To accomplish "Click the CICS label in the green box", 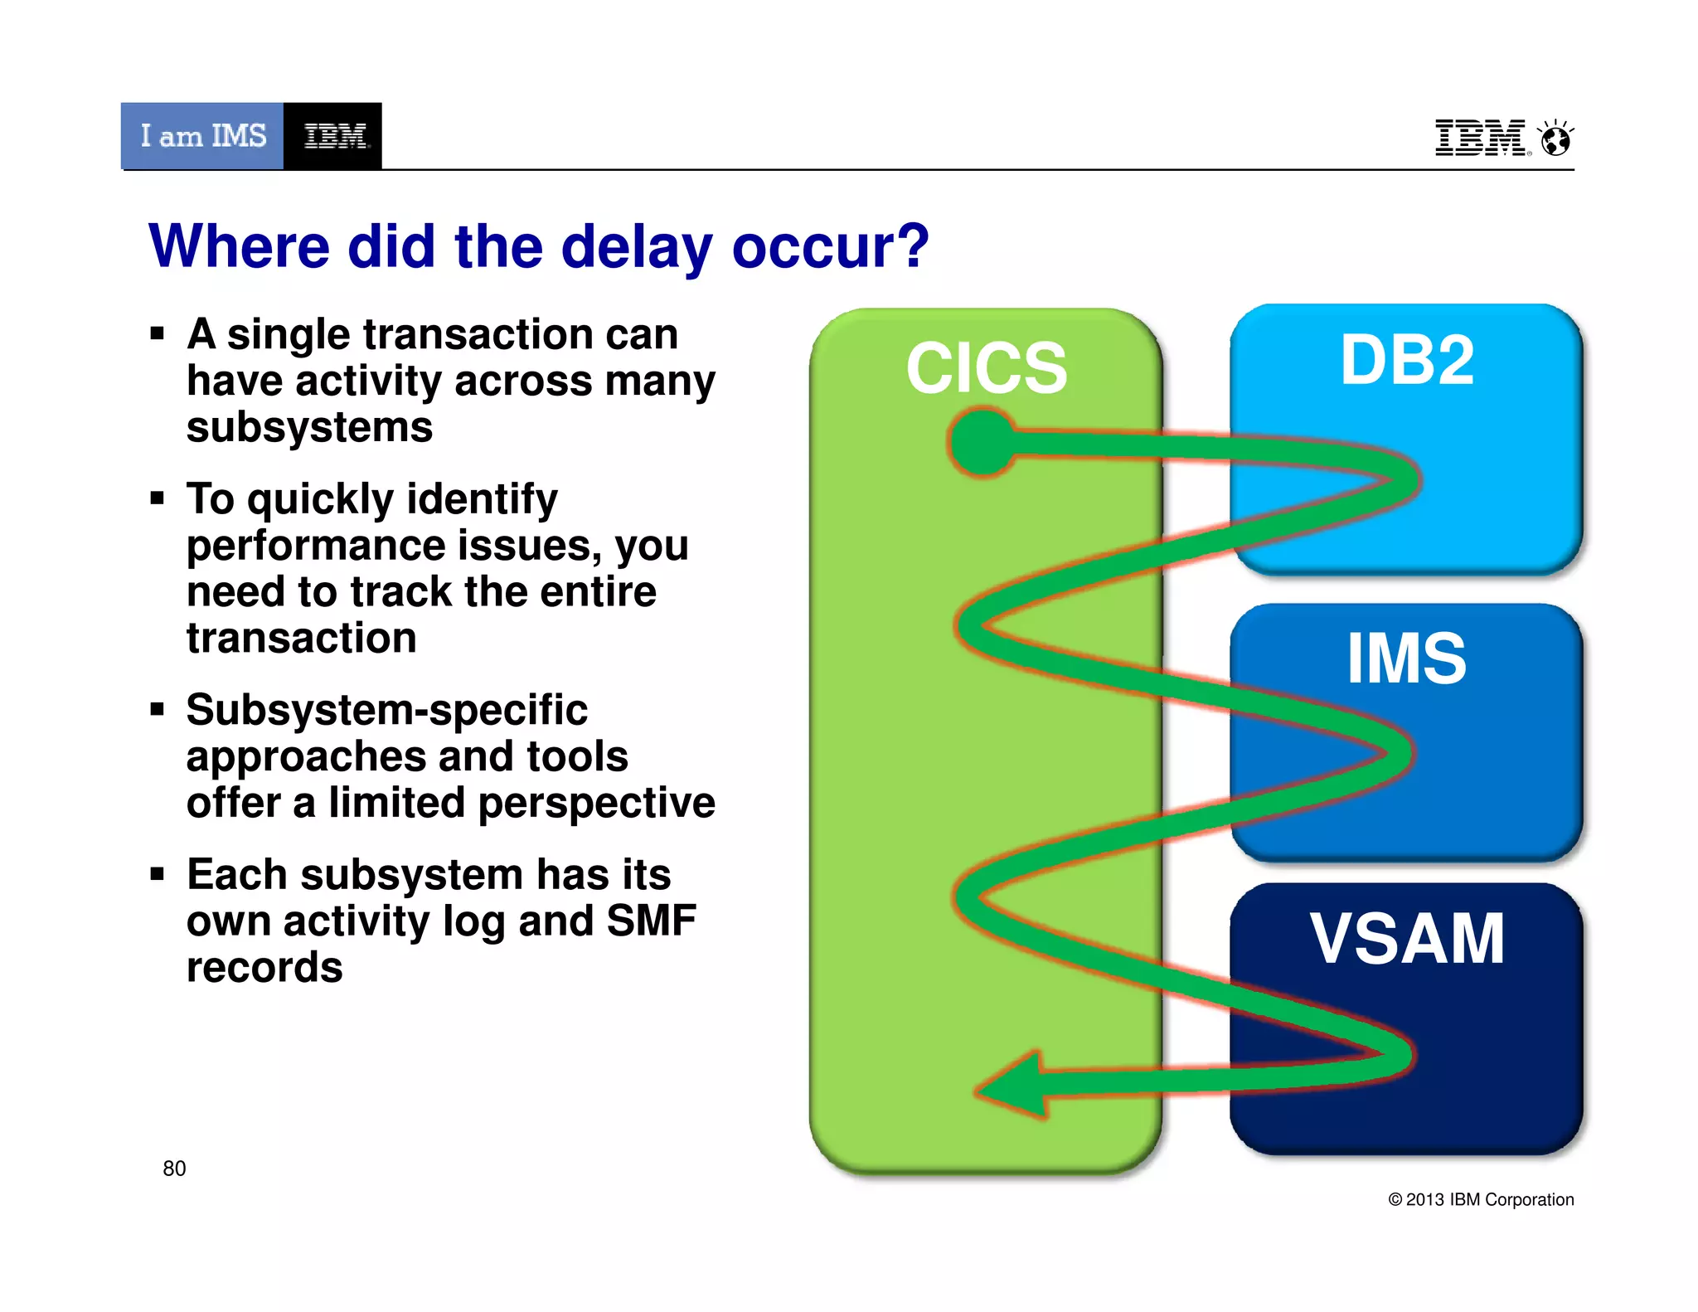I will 986,367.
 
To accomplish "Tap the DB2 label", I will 1407,360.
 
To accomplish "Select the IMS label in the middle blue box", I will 1406,658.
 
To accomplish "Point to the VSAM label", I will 1407,939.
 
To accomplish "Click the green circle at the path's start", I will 982,441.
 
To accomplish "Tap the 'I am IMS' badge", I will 203,136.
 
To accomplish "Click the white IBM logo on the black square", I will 334,136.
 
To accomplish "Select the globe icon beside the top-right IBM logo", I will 1555,138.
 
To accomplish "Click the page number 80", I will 174,1169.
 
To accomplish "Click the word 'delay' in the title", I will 637,247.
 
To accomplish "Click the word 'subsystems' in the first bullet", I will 309,428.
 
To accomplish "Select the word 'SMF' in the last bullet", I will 651,921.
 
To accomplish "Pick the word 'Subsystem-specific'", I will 386,710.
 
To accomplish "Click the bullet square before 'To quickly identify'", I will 158,498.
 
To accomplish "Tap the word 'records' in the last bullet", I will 264,968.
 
